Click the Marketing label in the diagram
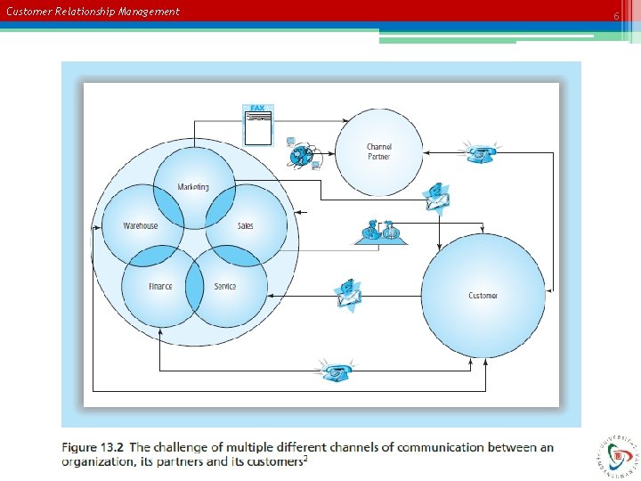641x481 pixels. point(193,187)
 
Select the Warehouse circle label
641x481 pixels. point(141,226)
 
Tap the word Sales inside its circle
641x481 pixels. point(245,226)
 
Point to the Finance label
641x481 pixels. point(160,287)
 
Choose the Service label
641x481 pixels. point(225,287)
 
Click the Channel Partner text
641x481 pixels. point(378,151)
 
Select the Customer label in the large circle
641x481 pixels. point(483,296)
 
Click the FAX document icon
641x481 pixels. point(258,125)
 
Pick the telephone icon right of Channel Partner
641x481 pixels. point(482,152)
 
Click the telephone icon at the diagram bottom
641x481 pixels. point(337,371)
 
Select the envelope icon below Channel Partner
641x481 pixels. point(435,198)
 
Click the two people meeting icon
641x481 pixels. point(381,231)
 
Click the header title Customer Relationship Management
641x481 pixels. point(93,12)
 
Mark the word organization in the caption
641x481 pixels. point(101,461)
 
